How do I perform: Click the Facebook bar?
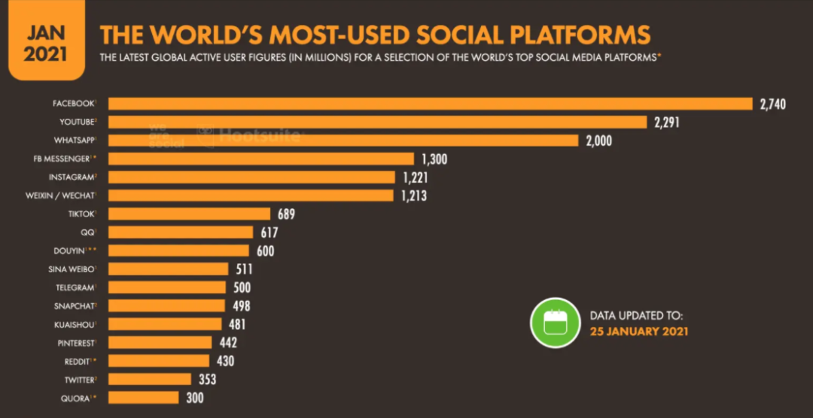click(429, 104)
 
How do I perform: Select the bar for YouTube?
click(376, 122)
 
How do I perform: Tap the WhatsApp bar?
click(343, 141)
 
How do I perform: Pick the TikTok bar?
click(188, 214)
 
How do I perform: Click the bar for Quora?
click(143, 398)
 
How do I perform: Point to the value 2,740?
click(772, 104)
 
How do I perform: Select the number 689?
click(285, 214)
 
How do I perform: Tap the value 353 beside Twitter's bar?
click(207, 380)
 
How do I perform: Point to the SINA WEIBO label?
click(78, 269)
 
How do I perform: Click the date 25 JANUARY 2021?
click(638, 331)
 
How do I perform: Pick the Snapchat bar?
click(166, 306)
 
